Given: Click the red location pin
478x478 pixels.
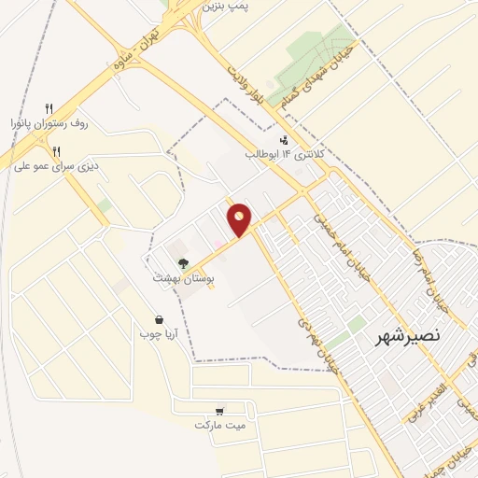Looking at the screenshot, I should pos(240,219).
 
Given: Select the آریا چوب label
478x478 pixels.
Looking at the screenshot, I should pos(158,332).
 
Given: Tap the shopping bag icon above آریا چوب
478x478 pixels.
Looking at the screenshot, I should pos(159,318).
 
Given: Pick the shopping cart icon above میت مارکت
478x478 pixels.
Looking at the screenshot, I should pos(219,410).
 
